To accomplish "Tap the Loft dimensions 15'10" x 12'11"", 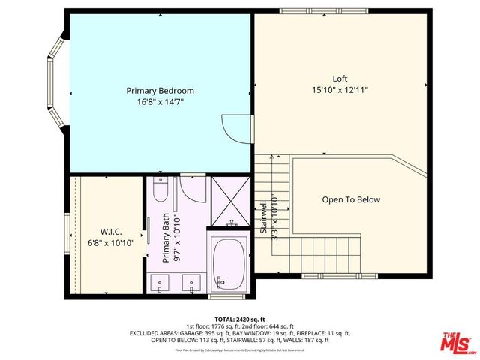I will coord(340,90).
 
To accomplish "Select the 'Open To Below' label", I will coord(351,199).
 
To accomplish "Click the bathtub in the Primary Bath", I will coord(230,264).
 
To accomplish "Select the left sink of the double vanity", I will coord(160,284).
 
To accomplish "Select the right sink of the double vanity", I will coord(193,284).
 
